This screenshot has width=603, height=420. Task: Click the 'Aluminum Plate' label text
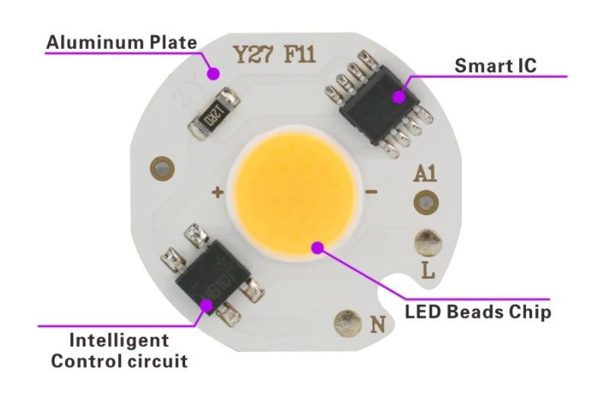121,42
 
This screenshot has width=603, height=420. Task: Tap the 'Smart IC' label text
496,66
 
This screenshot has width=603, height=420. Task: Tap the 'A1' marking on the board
424,174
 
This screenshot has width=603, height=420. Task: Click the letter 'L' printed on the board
428,269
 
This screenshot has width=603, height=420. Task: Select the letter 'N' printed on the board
377,324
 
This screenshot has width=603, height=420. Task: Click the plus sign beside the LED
217,193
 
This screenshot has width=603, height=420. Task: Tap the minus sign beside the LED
372,192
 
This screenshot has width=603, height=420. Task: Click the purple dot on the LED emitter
317,245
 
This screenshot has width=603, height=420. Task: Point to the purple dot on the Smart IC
399,96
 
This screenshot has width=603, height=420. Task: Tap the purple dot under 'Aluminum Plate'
215,74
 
